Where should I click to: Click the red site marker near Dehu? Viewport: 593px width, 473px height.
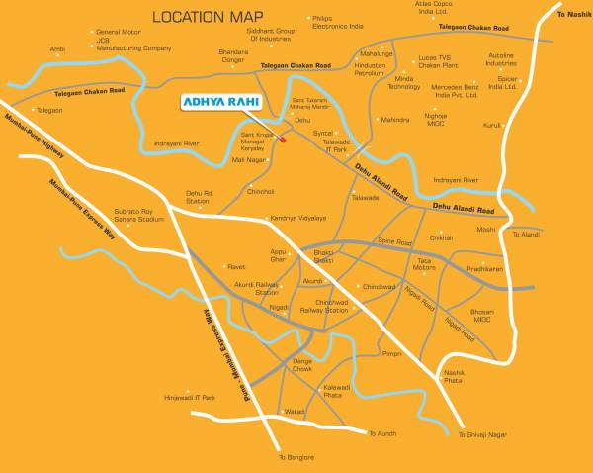[x=283, y=140]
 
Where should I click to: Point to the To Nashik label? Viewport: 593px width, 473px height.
[x=570, y=13]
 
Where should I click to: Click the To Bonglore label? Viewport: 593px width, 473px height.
[x=296, y=457]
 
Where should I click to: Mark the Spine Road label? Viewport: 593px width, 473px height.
[x=394, y=242]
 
